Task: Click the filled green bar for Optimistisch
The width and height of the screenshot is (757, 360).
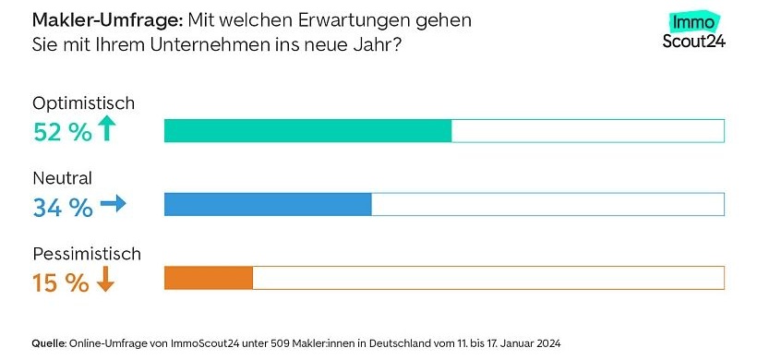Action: pos(307,130)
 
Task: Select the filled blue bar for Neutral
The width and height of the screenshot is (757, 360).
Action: pos(268,203)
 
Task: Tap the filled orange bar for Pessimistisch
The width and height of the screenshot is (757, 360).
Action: pos(208,277)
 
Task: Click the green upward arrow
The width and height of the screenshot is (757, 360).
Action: pos(107,130)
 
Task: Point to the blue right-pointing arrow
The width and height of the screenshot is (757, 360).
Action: pos(113,205)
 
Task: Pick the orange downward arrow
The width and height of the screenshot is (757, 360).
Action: pos(105,280)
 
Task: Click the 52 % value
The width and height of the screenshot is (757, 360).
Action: pos(62,133)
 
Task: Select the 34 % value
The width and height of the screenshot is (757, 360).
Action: pos(63,208)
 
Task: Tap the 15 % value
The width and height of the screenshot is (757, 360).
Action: pos(60,282)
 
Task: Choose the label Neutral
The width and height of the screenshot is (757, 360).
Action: pos(63,178)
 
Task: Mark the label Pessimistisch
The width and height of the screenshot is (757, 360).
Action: pos(87,253)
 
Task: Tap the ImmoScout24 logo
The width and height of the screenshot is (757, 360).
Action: pos(694,30)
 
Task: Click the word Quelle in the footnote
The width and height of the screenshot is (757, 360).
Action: pos(48,342)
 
